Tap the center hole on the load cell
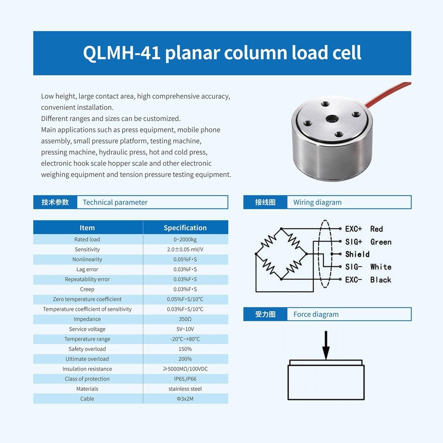(x=332, y=120)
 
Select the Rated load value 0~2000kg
(x=185, y=240)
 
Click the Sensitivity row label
(x=87, y=249)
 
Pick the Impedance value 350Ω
(x=185, y=319)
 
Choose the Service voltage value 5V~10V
(x=185, y=329)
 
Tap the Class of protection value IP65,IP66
(x=185, y=379)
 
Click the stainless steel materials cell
(x=185, y=389)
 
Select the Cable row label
(x=87, y=399)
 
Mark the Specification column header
(x=185, y=228)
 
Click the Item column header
(x=87, y=228)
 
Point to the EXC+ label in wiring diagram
(x=354, y=229)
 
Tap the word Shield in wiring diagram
(x=357, y=254)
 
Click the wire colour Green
(x=381, y=242)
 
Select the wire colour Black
(x=381, y=280)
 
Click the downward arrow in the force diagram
(x=326, y=346)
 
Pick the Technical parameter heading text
(x=115, y=202)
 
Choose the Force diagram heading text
(x=316, y=315)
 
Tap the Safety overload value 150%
(x=185, y=349)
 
